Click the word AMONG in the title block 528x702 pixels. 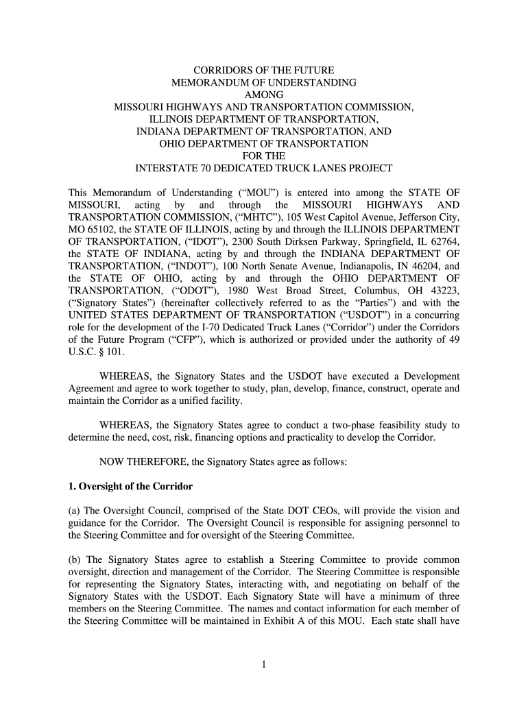[263, 95]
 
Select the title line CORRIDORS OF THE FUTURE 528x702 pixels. [263, 70]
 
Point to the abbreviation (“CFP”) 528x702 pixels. [180, 341]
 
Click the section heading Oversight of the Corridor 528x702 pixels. [136, 487]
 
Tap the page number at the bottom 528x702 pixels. [263, 664]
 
